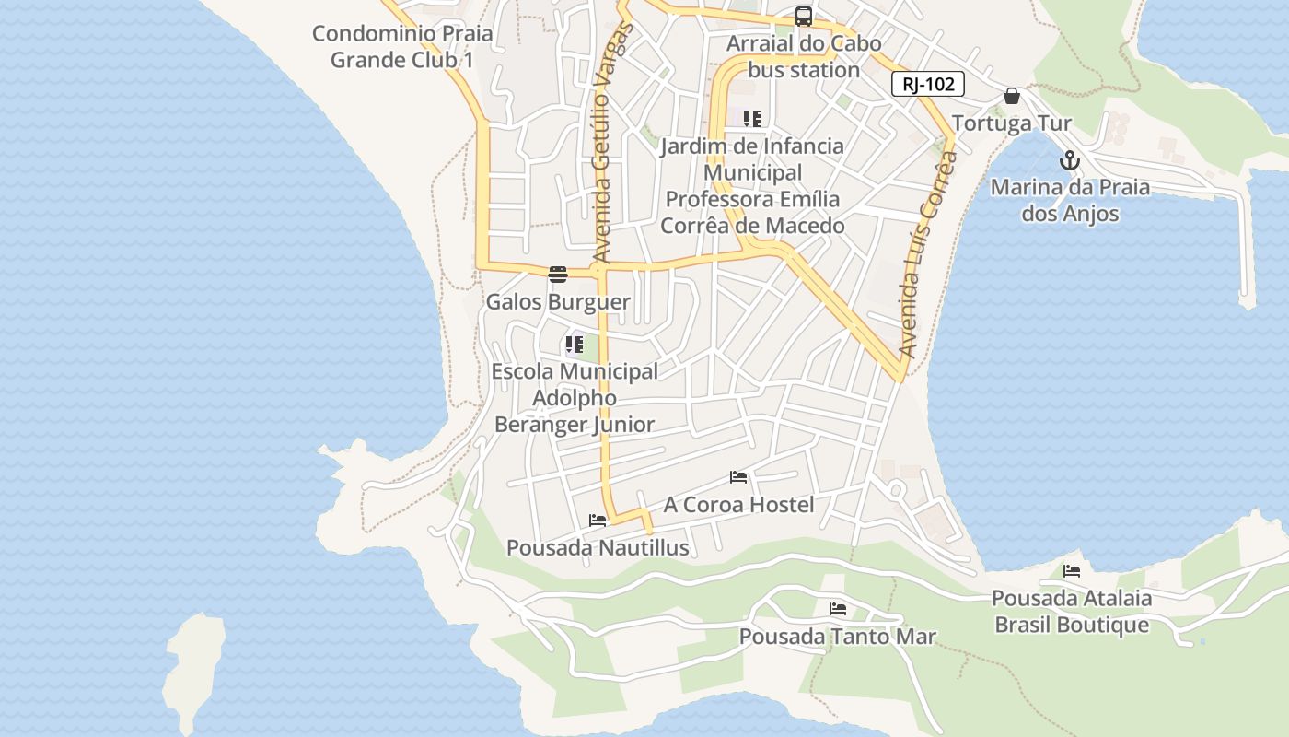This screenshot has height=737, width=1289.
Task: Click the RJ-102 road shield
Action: coord(927,85)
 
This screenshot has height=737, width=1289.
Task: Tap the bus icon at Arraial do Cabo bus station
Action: coord(804,16)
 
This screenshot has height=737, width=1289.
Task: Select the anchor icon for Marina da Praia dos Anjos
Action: coord(1069,161)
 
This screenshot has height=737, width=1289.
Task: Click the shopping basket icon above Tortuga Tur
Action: coord(1012,96)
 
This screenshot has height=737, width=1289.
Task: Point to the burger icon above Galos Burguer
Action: coord(557,274)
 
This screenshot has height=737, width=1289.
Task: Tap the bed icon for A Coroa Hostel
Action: coord(738,477)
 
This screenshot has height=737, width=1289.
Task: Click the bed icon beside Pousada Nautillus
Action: coord(598,521)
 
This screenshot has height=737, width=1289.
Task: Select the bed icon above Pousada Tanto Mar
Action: coord(837,609)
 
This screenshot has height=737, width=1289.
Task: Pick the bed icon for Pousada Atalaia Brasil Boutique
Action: coord(1071,571)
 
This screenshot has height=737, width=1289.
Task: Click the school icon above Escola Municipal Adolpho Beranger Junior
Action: coord(575,345)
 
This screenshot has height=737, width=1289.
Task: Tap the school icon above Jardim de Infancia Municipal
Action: coord(752,119)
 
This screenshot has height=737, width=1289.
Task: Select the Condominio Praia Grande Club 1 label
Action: coord(402,47)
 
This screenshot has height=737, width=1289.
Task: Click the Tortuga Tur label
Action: coord(1012,123)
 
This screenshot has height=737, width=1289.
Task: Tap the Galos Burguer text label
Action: coord(558,302)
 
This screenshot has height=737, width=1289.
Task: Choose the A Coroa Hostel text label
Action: coord(738,505)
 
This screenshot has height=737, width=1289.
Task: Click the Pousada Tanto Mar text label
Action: coord(837,637)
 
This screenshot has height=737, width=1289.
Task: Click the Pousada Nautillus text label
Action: coord(598,548)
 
